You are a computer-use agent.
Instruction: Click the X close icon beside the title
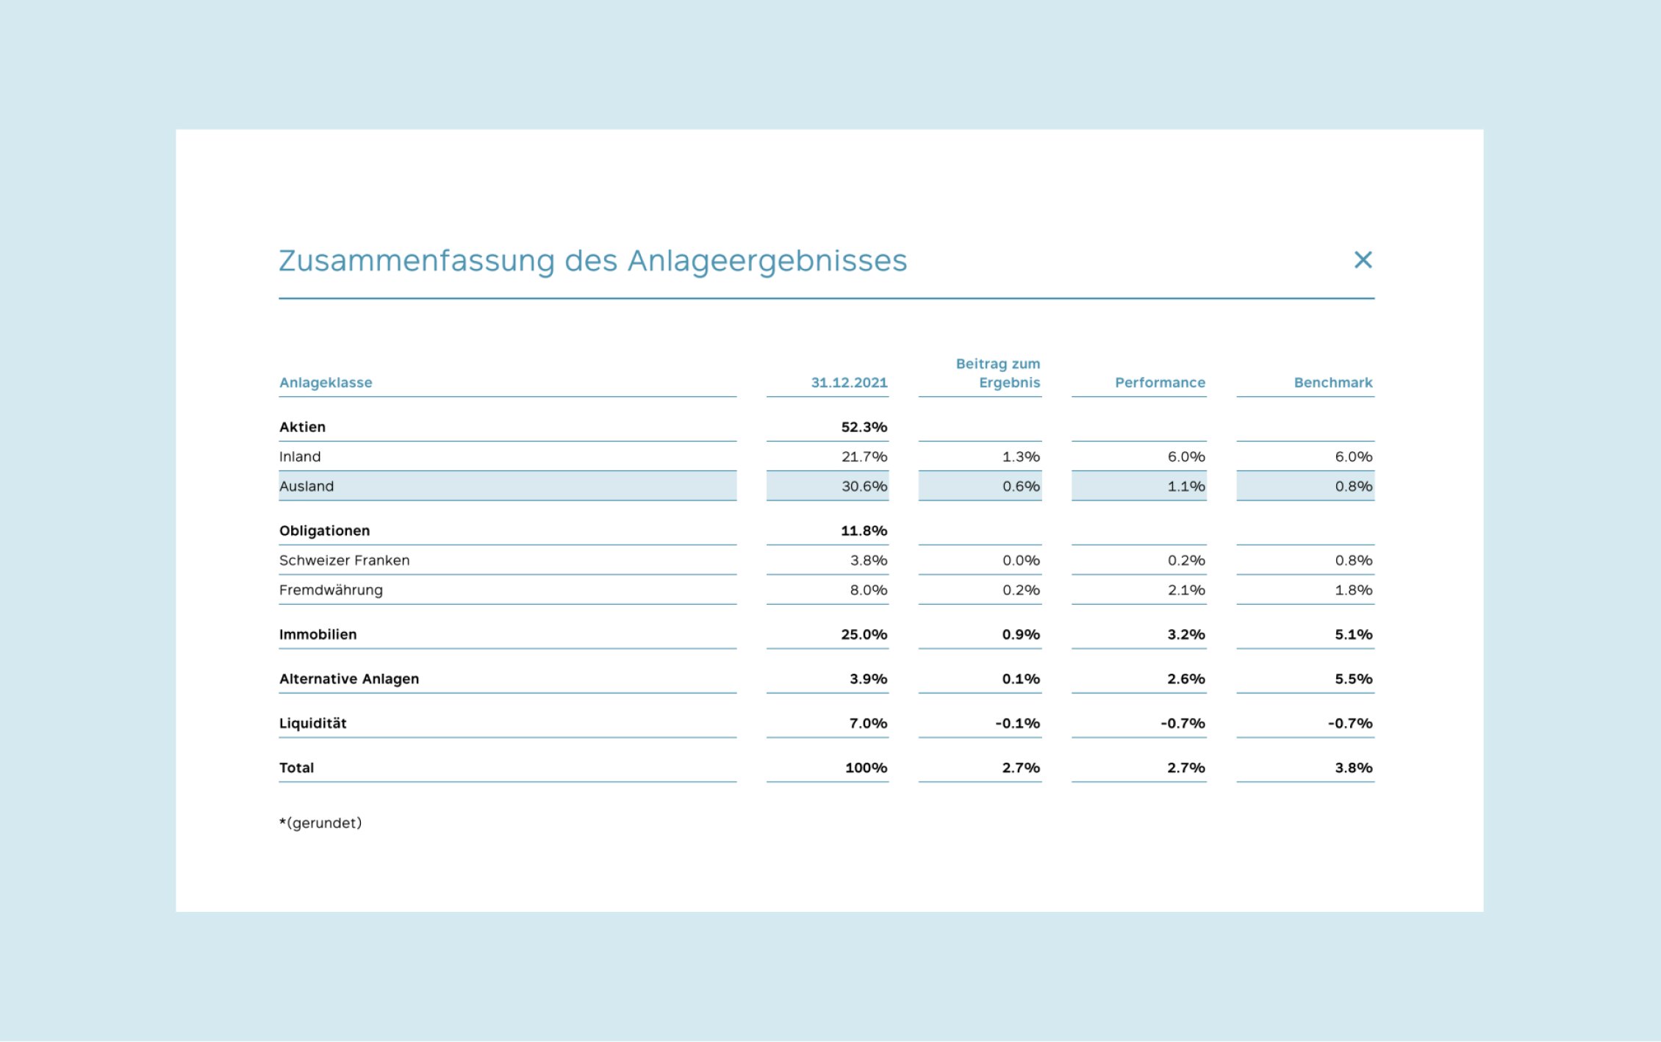[1363, 259]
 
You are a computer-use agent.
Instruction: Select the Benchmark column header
[1332, 382]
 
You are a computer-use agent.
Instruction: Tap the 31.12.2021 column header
[849, 382]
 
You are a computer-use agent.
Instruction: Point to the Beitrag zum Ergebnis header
[997, 373]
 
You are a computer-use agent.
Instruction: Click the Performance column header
[1160, 382]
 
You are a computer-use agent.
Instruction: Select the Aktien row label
[302, 427]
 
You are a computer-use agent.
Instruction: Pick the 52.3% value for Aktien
[864, 427]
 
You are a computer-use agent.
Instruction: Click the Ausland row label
[306, 486]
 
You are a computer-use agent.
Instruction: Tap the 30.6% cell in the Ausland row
[864, 486]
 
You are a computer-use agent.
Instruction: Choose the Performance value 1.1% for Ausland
[1185, 486]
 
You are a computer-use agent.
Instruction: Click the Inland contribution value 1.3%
[1020, 456]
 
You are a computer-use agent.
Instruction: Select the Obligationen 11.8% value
[864, 531]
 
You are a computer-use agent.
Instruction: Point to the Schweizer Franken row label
[344, 560]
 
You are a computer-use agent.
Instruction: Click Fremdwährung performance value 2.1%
[1185, 590]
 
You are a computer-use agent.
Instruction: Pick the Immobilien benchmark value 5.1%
[1353, 634]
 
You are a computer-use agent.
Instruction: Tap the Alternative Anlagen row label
[348, 679]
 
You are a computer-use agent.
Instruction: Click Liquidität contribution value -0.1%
[1017, 723]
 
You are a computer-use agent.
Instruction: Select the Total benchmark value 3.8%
[1353, 768]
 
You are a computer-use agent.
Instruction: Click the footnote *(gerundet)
[320, 823]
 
